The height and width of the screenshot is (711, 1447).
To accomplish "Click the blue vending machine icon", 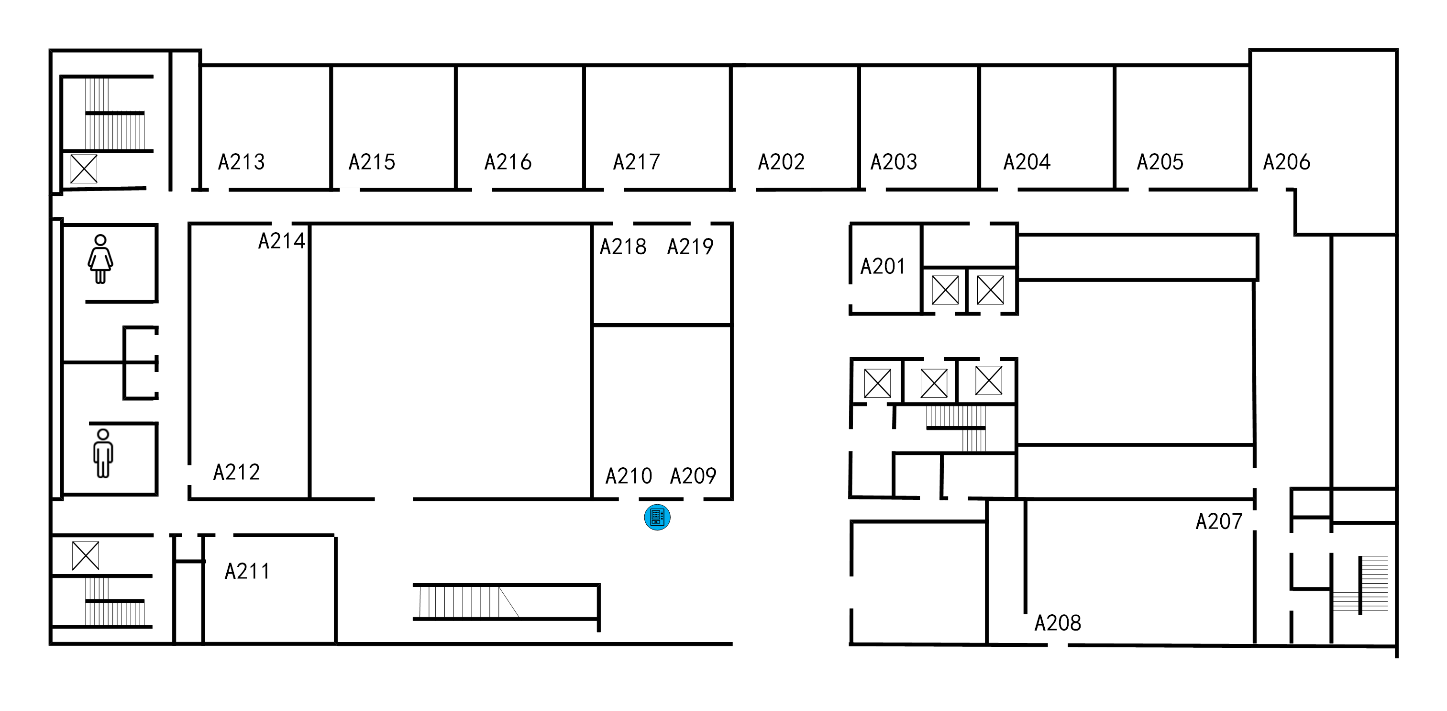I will coord(657,517).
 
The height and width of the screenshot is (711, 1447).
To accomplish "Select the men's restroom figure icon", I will coord(103,453).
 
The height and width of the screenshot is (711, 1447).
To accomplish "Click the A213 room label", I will coord(241,162).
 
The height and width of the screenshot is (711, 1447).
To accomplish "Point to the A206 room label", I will coord(1286,162).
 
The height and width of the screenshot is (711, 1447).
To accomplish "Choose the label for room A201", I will coord(883,266).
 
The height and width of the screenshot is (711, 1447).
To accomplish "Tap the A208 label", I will coord(1058,623).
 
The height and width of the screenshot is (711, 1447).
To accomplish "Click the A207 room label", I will coord(1218,521).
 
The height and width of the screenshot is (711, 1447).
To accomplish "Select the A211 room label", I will coord(247,572).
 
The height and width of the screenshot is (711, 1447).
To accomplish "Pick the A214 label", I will coord(281,241).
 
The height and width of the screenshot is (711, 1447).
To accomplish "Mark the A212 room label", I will coord(236,472).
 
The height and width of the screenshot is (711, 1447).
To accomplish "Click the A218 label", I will coord(622,247).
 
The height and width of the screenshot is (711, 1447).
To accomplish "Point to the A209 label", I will coord(693,476).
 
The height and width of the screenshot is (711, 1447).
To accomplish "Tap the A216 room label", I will coord(508,162).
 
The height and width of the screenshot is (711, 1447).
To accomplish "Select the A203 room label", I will coord(894,162).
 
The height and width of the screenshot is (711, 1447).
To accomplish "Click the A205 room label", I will coord(1160,162).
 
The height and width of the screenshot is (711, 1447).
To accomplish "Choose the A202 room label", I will coord(781,162).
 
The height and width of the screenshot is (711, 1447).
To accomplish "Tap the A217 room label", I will coord(636,162).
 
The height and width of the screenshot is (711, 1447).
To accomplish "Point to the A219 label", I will coord(690,247).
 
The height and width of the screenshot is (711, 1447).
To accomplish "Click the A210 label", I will coord(629,476).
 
